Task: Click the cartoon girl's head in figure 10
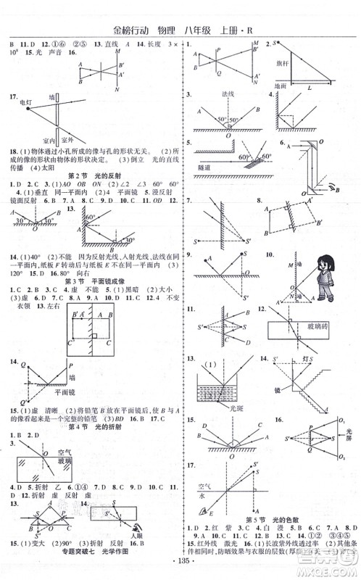pos(322,269)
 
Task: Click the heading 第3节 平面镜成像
pos(94,281)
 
